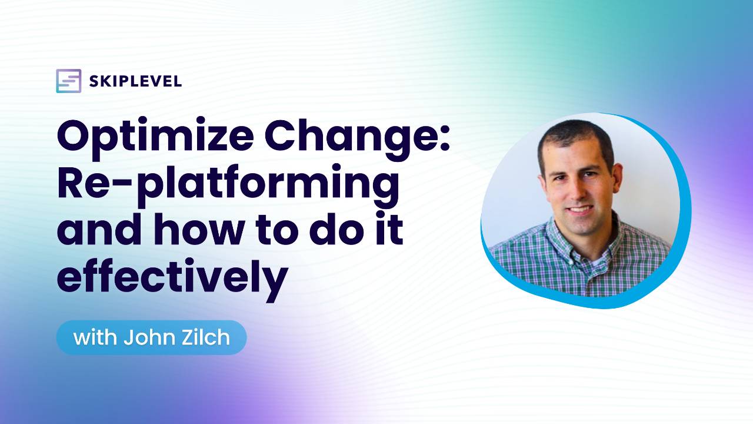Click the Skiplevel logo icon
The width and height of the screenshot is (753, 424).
point(68,81)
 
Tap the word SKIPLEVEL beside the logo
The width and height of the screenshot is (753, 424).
point(135,82)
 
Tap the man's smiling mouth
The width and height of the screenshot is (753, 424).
point(580,209)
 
